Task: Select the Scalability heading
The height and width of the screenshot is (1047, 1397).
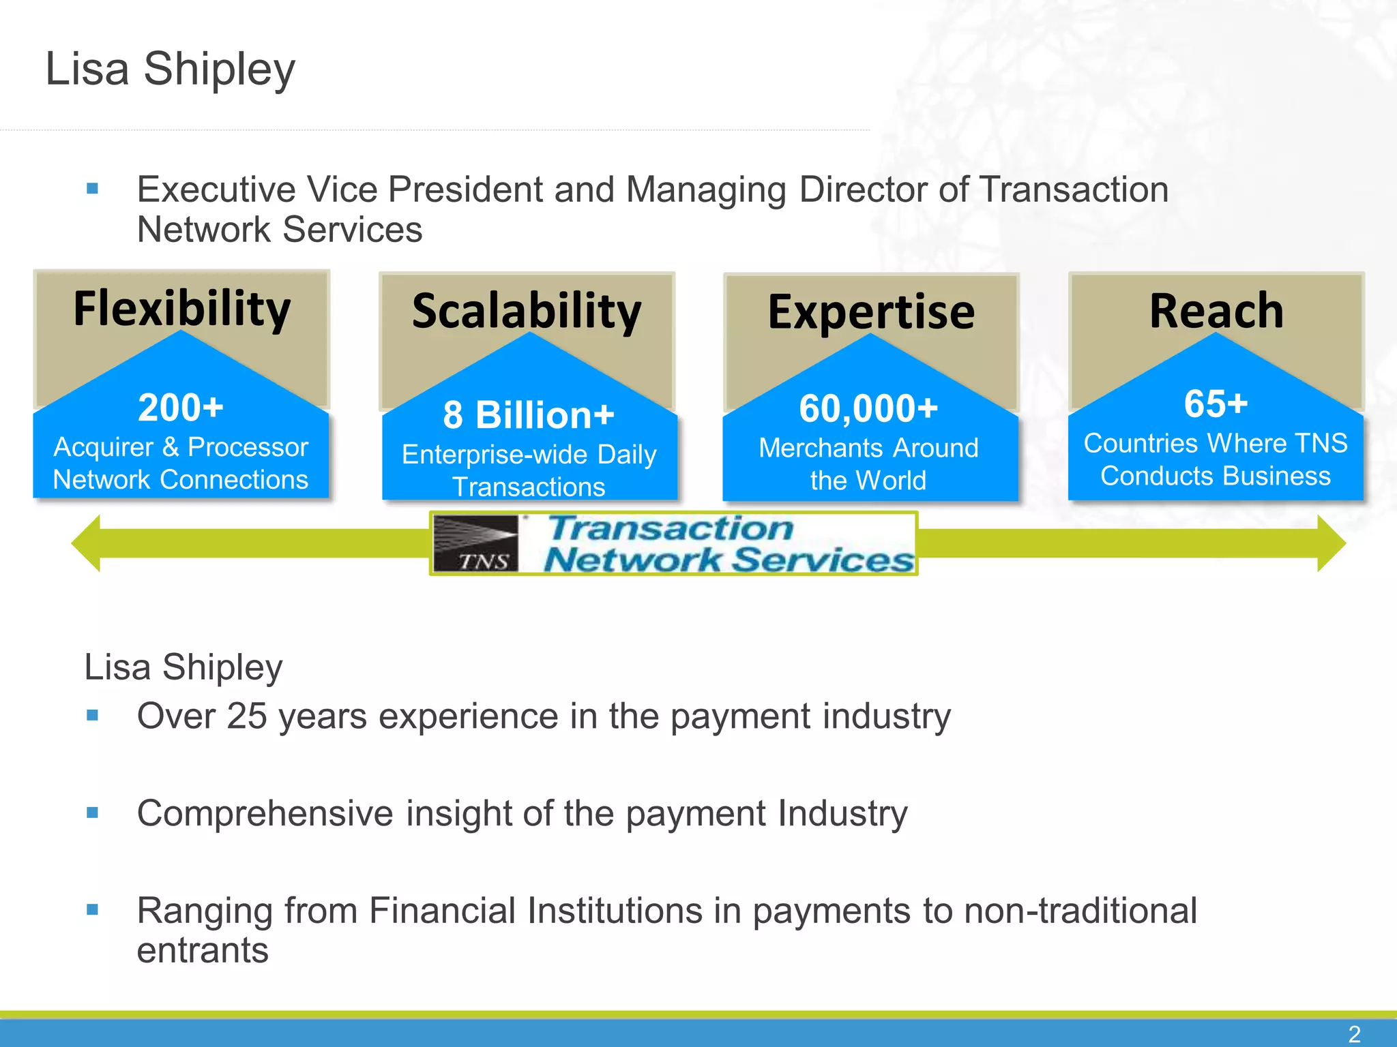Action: tap(527, 312)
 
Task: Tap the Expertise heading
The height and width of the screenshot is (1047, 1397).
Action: tap(871, 312)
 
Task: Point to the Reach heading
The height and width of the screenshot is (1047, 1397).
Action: tap(1216, 311)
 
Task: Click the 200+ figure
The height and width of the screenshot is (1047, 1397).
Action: tap(181, 408)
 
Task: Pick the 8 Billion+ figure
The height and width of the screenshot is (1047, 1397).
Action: tap(529, 415)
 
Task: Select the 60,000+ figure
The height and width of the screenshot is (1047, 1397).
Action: tap(868, 409)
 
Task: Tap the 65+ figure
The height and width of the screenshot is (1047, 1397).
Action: tap(1216, 404)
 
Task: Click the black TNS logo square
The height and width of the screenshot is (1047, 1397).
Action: tap(476, 543)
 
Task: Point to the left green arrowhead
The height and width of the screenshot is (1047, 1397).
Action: tap(87, 543)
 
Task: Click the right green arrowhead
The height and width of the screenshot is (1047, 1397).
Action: tap(1330, 543)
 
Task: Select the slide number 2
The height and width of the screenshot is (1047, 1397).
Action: tap(1355, 1034)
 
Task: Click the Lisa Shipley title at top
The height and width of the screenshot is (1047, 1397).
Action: tap(171, 69)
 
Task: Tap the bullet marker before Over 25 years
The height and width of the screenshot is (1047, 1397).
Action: tap(93, 715)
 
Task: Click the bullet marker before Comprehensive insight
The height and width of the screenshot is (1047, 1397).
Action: tap(93, 813)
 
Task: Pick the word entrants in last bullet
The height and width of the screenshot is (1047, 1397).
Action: tap(203, 950)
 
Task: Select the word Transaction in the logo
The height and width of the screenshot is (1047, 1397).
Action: tap(671, 528)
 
